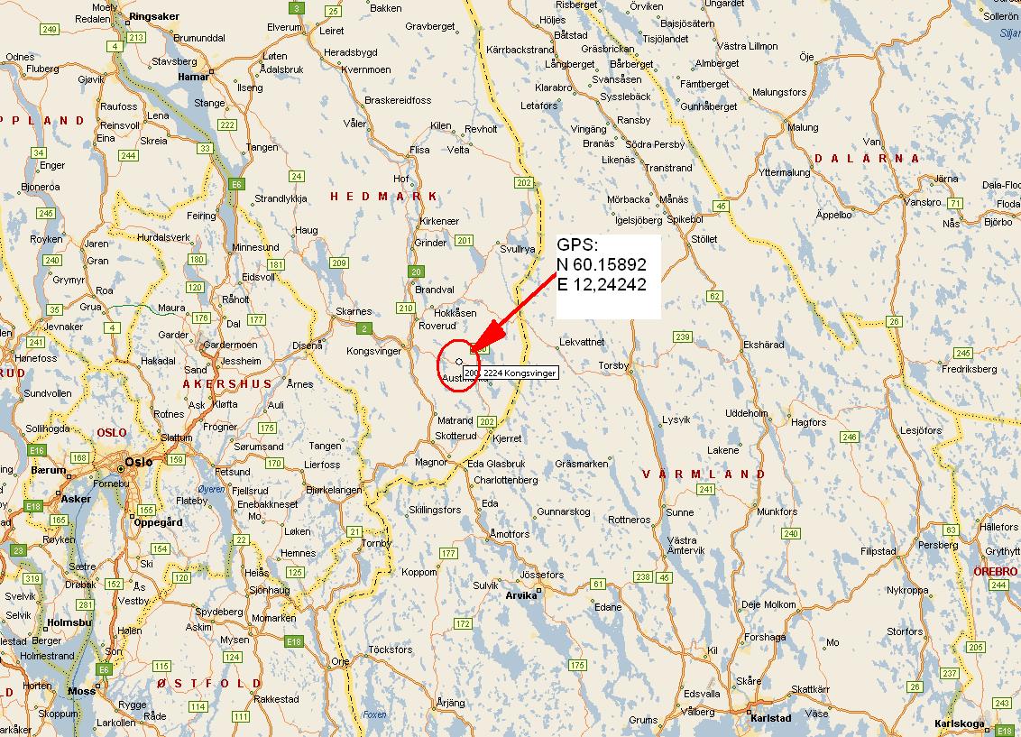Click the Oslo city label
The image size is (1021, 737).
click(140, 461)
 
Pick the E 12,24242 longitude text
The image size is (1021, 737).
click(602, 284)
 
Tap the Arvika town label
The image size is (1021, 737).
click(520, 595)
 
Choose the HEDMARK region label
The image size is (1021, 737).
click(383, 197)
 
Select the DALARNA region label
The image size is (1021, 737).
click(867, 159)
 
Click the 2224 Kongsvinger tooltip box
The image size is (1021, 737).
click(510, 372)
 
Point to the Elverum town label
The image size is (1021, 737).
click(285, 28)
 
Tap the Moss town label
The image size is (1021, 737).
click(81, 691)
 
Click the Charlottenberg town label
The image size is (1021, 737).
click(505, 480)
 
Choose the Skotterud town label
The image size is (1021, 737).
click(455, 436)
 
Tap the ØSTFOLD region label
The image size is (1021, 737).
click(208, 683)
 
